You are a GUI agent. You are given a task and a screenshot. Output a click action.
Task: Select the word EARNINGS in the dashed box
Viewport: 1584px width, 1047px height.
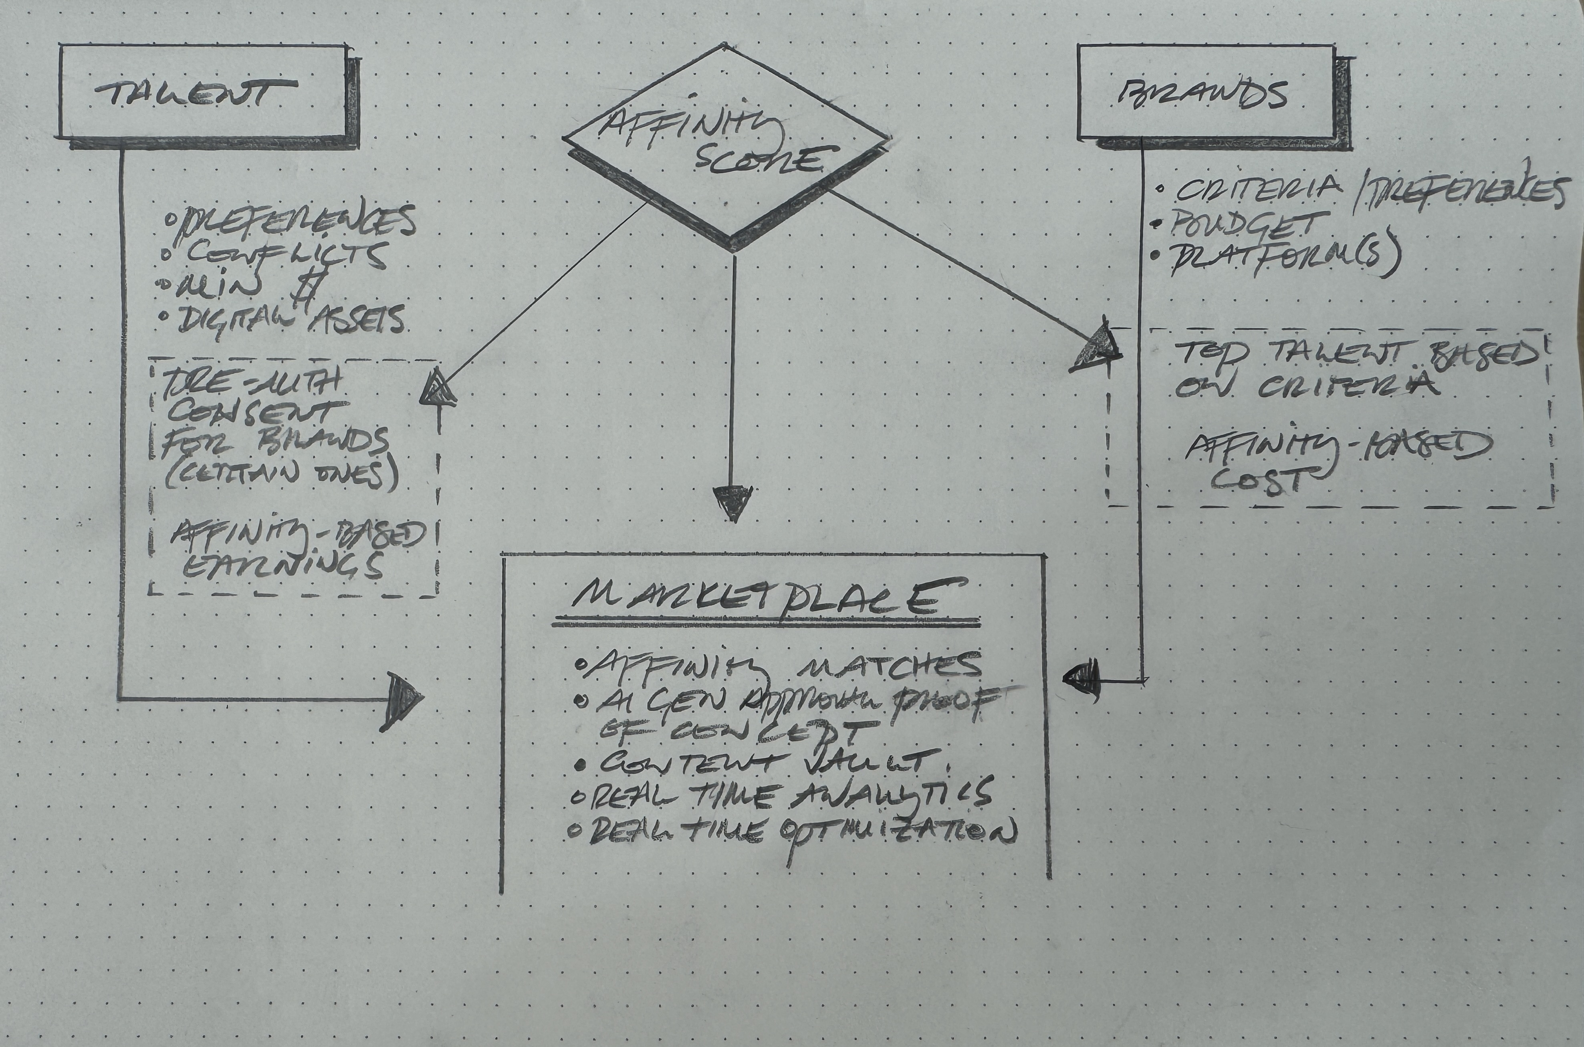point(284,567)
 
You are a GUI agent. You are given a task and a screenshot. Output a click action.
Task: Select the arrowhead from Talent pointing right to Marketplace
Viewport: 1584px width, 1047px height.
point(401,701)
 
